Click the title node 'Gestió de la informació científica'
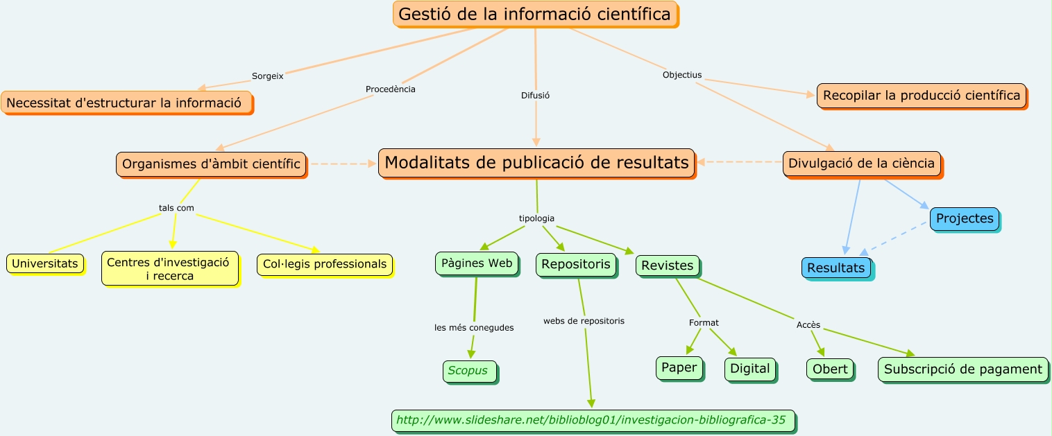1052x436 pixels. tap(535, 14)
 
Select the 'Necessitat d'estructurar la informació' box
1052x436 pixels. tap(126, 103)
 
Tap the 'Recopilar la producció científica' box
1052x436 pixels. tap(922, 96)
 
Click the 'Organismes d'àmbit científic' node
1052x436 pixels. tap(211, 164)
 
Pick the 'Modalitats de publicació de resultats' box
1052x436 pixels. tap(536, 163)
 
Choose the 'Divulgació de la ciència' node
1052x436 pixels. tap(862, 164)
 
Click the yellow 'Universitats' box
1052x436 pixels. tap(45, 263)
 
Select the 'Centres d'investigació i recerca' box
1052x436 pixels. tap(169, 269)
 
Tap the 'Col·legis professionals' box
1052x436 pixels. tap(325, 264)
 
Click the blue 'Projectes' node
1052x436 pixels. tap(965, 219)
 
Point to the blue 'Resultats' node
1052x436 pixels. tap(835, 268)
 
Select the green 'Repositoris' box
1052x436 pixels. tap(576, 264)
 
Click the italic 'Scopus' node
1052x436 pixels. tap(469, 371)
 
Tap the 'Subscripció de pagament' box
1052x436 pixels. tap(962, 369)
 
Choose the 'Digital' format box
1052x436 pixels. tap(750, 369)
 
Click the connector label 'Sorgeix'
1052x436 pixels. tap(267, 76)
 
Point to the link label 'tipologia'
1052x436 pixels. tap(536, 218)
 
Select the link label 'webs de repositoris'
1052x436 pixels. tap(584, 321)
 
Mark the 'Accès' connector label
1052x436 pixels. tap(808, 324)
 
